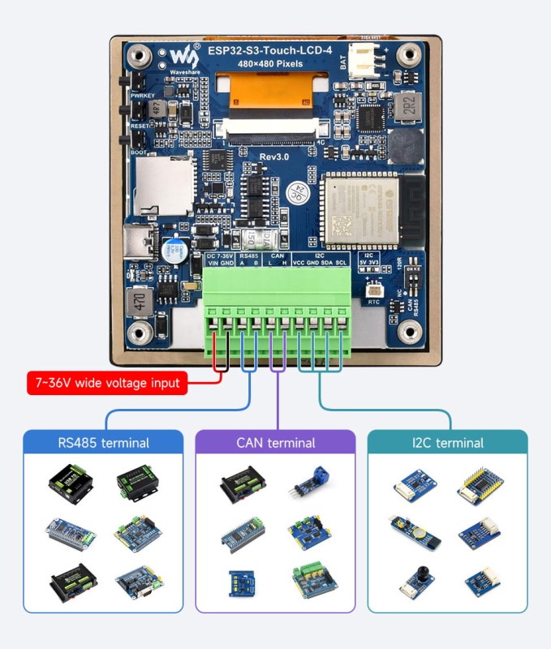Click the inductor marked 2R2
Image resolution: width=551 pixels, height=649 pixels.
(410, 105)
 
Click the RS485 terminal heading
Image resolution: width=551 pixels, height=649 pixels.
(103, 443)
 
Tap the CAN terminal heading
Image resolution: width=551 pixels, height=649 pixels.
(275, 443)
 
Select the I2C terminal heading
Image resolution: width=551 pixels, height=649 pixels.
(447, 443)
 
